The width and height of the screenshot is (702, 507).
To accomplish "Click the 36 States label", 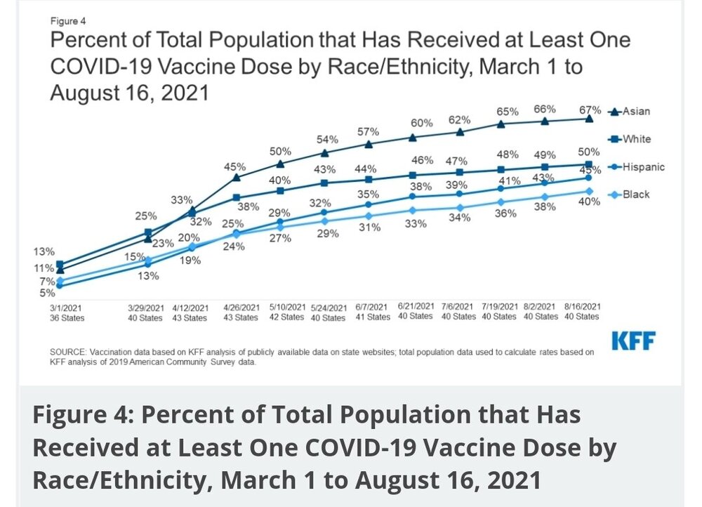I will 67,317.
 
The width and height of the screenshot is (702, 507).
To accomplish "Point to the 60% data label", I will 421,123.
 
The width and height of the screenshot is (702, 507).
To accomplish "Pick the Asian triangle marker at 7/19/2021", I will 501,124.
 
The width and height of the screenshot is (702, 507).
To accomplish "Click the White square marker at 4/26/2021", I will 237,197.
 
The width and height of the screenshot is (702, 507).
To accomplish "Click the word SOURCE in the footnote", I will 68,351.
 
